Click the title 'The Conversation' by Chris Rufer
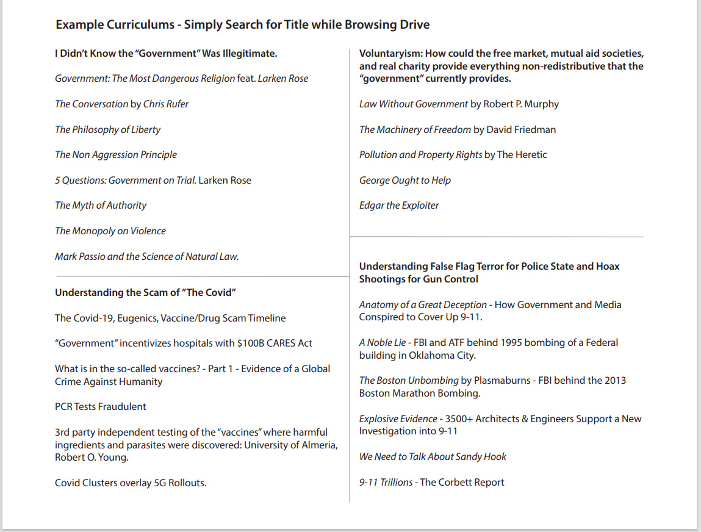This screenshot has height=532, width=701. tap(92, 104)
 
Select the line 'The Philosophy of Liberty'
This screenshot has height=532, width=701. tap(107, 130)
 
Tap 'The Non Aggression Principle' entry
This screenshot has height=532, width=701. tap(116, 155)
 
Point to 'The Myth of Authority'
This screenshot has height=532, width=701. tap(101, 206)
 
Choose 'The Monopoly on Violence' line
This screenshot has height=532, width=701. tap(110, 231)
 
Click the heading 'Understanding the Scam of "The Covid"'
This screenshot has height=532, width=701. tap(145, 293)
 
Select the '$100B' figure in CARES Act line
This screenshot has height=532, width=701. tap(252, 343)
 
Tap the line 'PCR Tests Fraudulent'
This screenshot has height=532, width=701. tap(101, 407)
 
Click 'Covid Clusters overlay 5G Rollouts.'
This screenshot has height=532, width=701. tap(131, 483)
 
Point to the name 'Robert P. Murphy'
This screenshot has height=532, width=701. tap(521, 104)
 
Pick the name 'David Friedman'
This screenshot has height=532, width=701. tap(521, 130)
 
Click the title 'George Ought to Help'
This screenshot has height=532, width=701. tap(405, 181)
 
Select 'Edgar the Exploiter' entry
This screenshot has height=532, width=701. tap(399, 206)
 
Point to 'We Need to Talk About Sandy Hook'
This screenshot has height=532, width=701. tap(433, 457)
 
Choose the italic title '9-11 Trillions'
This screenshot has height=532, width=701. tap(386, 483)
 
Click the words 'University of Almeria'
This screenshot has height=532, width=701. tap(290, 445)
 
